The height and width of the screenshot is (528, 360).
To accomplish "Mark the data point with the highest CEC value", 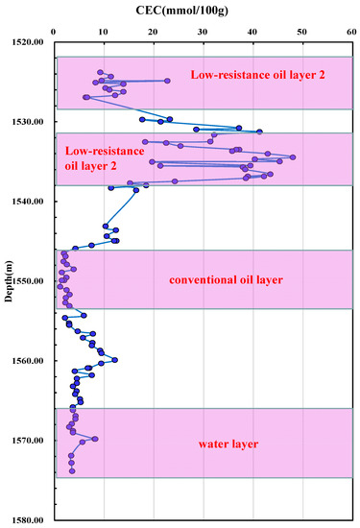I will pyautogui.click(x=293, y=157).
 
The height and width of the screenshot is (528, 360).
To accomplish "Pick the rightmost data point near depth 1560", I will pyautogui.click(x=115, y=360).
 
